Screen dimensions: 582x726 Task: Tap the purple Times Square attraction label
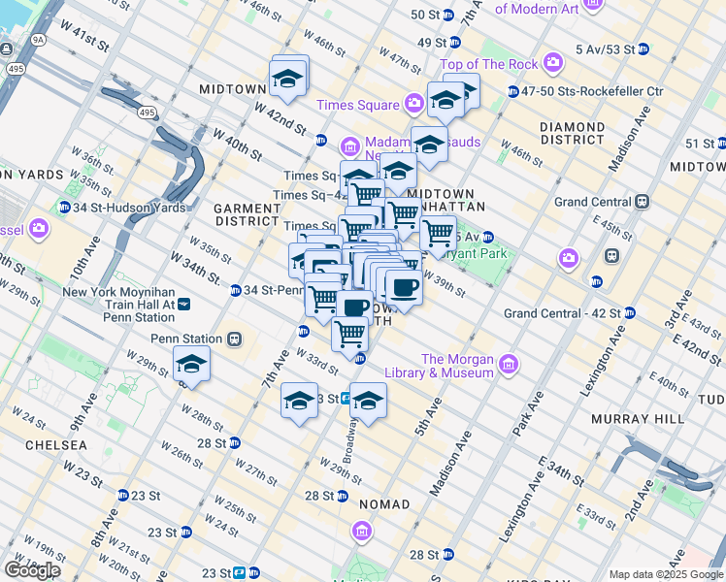click(361, 105)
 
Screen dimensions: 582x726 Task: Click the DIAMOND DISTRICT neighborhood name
click(573, 134)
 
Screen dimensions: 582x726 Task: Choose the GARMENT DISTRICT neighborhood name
click(247, 214)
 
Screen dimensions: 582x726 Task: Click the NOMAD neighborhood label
click(384, 504)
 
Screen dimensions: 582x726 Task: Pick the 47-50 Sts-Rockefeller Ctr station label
click(593, 91)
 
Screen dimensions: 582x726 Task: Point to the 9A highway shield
click(38, 41)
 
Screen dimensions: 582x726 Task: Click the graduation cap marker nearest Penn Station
click(191, 365)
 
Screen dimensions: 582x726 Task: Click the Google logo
click(33, 570)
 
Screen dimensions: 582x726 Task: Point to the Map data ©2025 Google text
click(666, 574)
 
